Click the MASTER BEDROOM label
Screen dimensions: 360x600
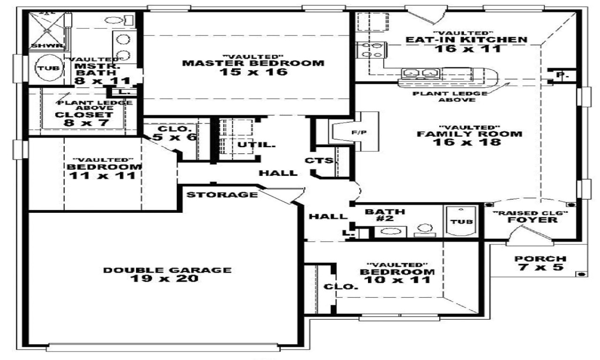(x=253, y=63)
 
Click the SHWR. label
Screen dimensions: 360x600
(x=41, y=45)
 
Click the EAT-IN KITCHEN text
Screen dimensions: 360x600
(x=466, y=40)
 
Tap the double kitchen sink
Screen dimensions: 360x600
(x=419, y=73)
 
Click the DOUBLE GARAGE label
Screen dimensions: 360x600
(x=167, y=270)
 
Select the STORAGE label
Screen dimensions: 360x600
(x=222, y=195)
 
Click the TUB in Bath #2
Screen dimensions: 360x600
(x=462, y=222)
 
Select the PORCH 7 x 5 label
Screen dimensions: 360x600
(x=540, y=263)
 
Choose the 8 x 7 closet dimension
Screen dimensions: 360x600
(x=83, y=123)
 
